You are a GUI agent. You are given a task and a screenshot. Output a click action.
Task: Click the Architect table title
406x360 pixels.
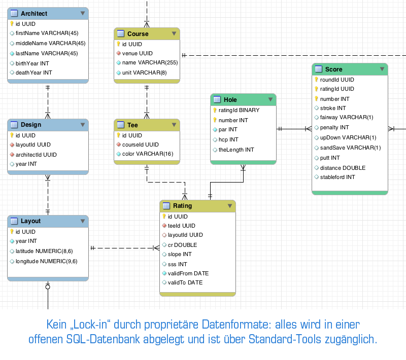pyautogui.click(x=34, y=14)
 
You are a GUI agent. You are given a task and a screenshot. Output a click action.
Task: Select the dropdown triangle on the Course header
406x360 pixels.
pyautogui.click(x=174, y=33)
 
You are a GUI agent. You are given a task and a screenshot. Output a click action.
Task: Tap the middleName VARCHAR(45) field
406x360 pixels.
pyautogui.click(x=50, y=43)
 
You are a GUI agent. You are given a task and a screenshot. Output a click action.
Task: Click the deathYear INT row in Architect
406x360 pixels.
pyautogui.click(x=33, y=73)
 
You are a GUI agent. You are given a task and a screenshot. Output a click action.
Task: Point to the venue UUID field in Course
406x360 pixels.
pyautogui.click(x=137, y=53)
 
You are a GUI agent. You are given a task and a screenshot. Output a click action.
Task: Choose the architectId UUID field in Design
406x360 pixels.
pyautogui.click(x=36, y=155)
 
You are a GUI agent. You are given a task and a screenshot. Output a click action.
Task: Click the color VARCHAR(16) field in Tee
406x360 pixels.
pyautogui.click(x=148, y=154)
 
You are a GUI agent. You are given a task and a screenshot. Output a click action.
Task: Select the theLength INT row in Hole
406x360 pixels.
pyautogui.click(x=236, y=150)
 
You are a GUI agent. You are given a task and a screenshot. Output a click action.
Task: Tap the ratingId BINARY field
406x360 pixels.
pyautogui.click(x=239, y=110)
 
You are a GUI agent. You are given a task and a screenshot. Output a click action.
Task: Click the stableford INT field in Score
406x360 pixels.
pyautogui.click(x=337, y=177)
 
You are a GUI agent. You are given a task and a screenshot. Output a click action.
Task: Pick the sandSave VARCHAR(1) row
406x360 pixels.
pyautogui.click(x=350, y=148)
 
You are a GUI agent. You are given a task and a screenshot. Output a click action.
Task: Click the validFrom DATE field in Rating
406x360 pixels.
pyautogui.click(x=188, y=273)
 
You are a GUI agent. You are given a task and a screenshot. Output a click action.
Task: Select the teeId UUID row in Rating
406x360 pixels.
pyautogui.click(x=181, y=226)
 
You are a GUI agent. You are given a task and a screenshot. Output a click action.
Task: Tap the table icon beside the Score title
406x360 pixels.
pyautogui.click(x=319, y=69)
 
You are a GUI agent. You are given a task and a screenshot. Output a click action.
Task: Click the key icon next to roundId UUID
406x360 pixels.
pyautogui.click(x=316, y=80)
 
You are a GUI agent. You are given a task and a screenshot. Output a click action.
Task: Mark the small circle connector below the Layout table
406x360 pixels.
pyautogui.click(x=48, y=287)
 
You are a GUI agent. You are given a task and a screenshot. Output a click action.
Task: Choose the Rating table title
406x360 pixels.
pyautogui.click(x=182, y=206)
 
